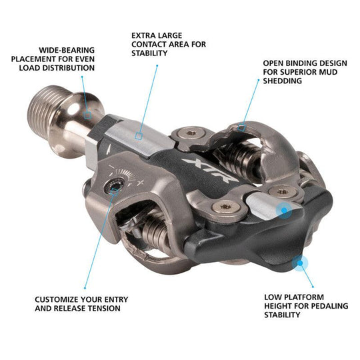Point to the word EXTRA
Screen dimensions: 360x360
pos(144,35)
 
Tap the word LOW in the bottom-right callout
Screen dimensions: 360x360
pos(272,296)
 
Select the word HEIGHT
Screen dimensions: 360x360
pos(279,305)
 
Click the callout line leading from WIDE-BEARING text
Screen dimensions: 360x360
pos(84,93)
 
